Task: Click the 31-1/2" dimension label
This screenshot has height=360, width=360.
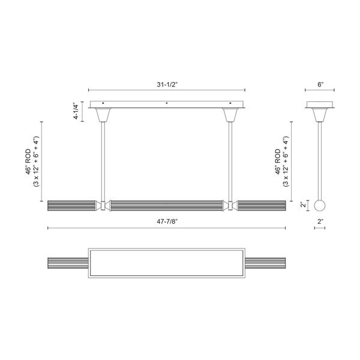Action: [166, 85]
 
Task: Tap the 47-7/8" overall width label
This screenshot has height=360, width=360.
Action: [167, 221]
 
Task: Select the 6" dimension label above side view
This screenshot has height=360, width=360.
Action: [320, 85]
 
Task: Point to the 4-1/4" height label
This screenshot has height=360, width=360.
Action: [76, 113]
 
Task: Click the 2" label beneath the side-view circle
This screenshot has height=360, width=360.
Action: [320, 221]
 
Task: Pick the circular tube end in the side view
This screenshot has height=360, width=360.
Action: [320, 205]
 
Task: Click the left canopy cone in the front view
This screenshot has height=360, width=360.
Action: [103, 114]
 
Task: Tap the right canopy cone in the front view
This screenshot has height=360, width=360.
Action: [230, 114]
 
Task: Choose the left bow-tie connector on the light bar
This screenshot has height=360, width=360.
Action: [103, 205]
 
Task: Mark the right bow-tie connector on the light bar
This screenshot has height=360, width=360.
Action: [230, 205]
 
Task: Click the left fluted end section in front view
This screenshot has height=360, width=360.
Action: [73, 205]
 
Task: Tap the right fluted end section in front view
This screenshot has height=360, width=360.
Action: [261, 205]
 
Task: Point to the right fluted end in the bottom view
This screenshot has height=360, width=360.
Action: [266, 263]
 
